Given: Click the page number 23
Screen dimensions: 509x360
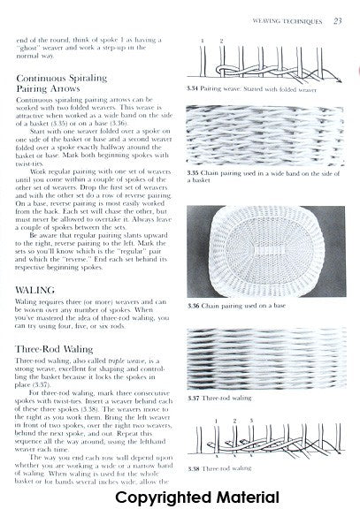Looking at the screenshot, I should (340, 19).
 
